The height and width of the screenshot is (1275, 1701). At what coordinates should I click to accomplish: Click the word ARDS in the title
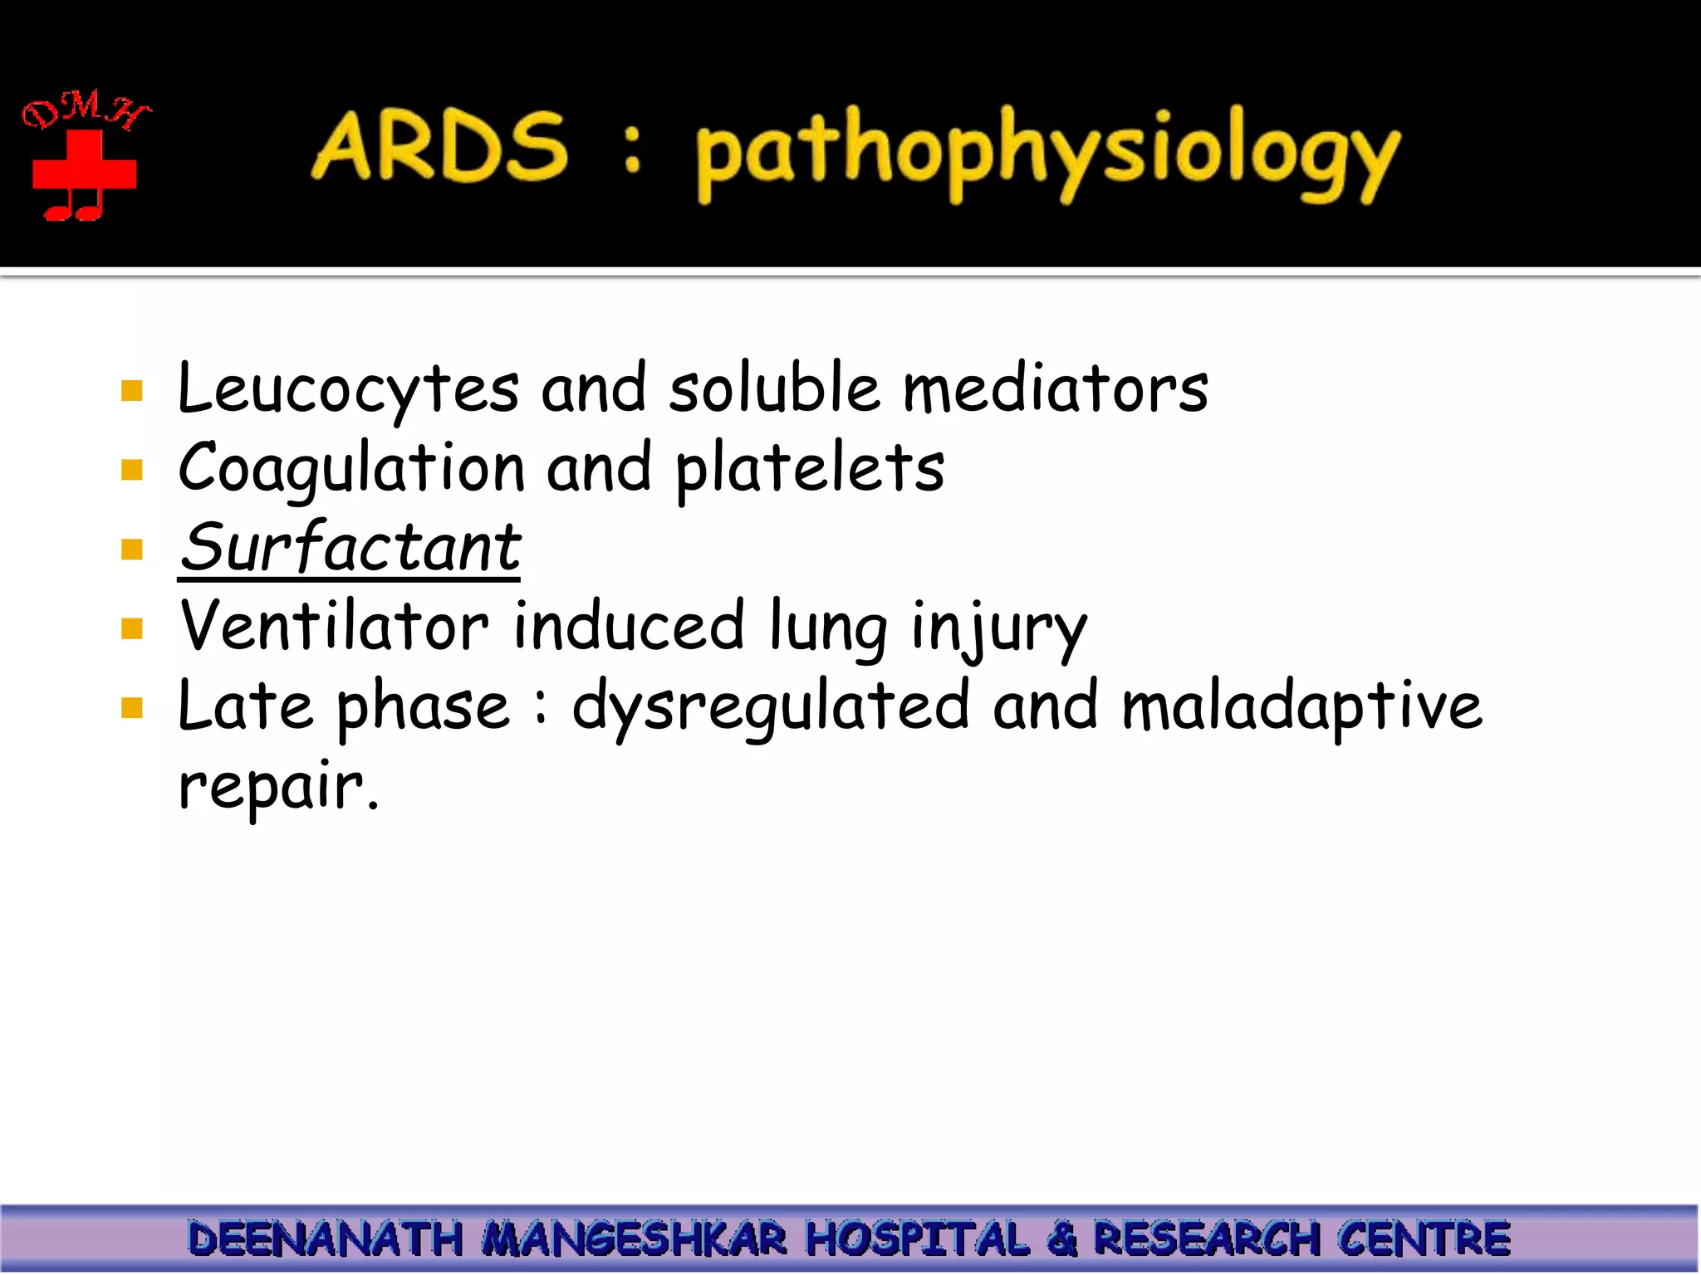point(440,148)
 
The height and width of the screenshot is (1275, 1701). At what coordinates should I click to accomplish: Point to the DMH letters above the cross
point(86,110)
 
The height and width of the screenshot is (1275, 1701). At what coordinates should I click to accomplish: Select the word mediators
point(1055,388)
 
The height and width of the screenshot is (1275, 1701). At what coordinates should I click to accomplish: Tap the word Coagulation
point(352,468)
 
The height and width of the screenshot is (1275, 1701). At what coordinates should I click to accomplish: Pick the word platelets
point(810,468)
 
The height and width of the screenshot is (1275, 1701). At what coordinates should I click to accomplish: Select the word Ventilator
point(335,627)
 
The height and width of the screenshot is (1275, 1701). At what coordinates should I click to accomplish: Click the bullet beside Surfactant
point(132,549)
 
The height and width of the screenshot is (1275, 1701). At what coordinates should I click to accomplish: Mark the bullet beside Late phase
point(132,707)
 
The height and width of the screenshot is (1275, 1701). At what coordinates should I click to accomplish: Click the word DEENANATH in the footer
point(325,1238)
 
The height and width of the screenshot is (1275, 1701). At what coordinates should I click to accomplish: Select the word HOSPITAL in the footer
point(917,1238)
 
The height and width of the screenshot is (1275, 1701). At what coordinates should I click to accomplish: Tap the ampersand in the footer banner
point(1062,1238)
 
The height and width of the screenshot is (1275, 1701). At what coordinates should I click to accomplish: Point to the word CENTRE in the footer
point(1424,1238)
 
